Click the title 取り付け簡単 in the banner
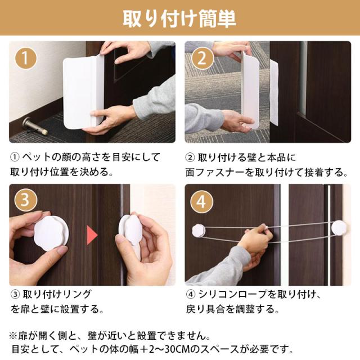coord(179,19)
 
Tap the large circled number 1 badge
coord(25,58)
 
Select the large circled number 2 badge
coord(202,58)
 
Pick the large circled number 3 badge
coord(25,199)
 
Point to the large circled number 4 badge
coord(201,202)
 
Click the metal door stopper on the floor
coord(35,127)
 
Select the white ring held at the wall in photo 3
coord(130,229)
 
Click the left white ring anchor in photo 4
coord(199,230)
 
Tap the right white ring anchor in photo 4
coord(339,227)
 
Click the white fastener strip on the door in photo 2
coord(274,93)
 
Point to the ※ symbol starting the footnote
coord(13,336)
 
